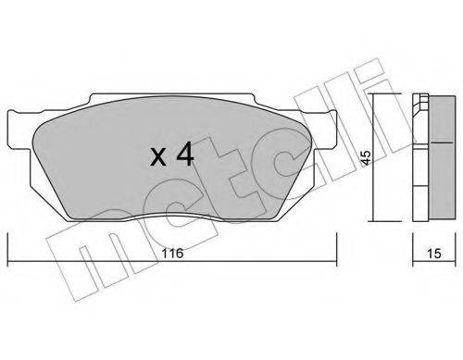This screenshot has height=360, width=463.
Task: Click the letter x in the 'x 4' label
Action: click(x=158, y=156)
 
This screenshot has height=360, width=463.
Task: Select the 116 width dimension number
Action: click(x=172, y=254)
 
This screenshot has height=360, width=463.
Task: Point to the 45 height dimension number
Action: click(x=366, y=157)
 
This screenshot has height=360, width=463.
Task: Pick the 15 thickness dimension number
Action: click(x=434, y=254)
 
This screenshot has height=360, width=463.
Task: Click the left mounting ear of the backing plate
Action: click(x=19, y=129)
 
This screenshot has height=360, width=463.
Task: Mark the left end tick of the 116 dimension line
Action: click(x=7, y=249)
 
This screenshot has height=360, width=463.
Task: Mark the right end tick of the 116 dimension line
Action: click(x=336, y=249)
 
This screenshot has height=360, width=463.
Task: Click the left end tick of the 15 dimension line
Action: click(x=413, y=249)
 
